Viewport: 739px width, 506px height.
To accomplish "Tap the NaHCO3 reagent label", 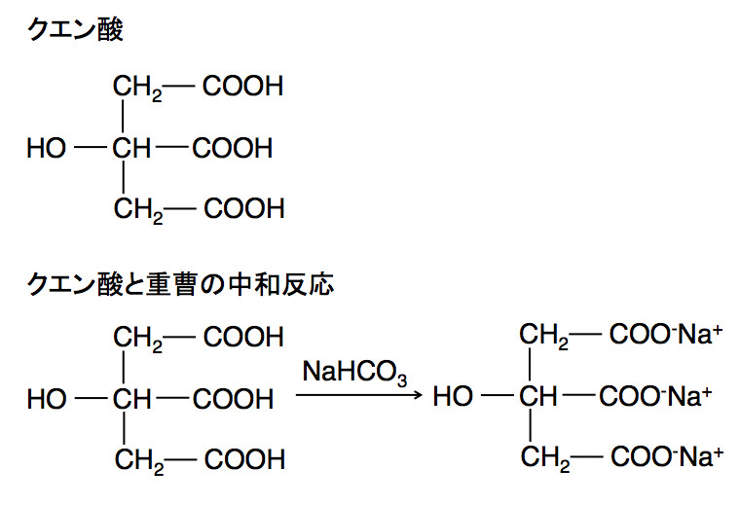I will (353, 372).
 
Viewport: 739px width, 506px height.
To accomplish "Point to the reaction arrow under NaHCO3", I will (359, 396).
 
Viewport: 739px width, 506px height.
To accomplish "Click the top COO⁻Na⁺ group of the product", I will (665, 337).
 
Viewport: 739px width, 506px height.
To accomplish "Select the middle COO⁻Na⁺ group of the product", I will (656, 397).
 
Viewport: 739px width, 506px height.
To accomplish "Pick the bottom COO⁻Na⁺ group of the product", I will (665, 455).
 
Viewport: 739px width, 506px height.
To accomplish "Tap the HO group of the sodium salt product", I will (452, 397).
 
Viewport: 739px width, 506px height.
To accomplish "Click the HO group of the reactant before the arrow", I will (47, 398).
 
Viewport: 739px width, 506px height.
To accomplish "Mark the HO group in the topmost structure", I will (47, 149).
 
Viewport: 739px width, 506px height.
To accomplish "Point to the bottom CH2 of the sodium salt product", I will (543, 456).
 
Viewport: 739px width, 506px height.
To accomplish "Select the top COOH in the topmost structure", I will (243, 88).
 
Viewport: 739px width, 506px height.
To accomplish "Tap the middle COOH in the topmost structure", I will (232, 149).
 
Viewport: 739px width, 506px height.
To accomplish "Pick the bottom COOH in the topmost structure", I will (243, 208).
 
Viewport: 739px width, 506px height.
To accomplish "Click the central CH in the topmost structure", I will (131, 149).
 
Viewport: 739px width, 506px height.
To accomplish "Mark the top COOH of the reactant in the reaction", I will (243, 337).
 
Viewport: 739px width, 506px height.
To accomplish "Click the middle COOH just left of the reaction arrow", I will (232, 398).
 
